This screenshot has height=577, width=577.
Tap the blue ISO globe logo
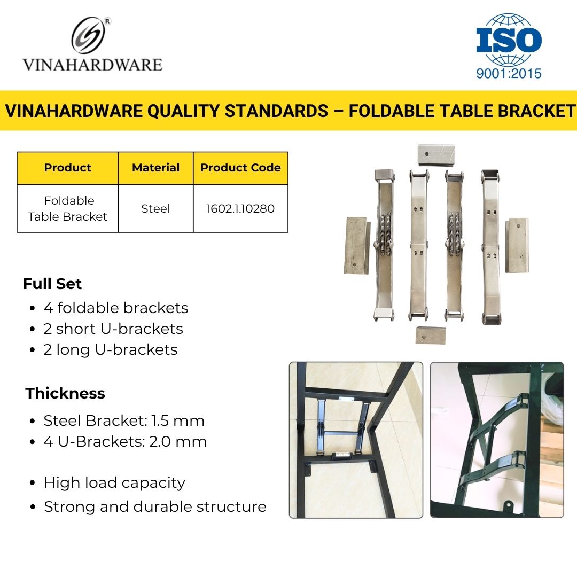509,40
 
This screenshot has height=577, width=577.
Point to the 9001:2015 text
509,74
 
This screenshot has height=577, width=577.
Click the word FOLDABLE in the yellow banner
391,111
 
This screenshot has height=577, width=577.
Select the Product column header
68,168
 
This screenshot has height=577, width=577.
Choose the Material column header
155,168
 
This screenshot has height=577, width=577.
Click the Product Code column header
240,168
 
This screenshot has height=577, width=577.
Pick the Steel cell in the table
155,209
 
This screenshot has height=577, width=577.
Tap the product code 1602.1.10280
240,209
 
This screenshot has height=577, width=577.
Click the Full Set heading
52,284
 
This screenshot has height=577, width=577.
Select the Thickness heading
65,393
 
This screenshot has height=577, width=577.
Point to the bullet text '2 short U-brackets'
113,329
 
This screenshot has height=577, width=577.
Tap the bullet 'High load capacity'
114,483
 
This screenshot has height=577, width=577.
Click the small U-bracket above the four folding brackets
436,154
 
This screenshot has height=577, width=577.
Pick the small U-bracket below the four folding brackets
431,335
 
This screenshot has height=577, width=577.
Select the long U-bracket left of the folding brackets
357,245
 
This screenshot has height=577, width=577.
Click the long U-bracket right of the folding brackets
517,245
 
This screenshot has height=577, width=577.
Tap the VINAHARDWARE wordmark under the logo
92,65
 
